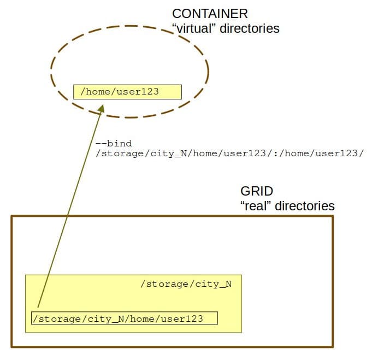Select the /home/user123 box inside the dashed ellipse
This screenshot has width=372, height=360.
tap(127, 91)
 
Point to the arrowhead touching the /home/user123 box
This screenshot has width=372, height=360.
tap(101, 108)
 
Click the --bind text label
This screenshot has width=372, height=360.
tap(113, 144)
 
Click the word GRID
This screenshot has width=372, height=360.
tap(256, 192)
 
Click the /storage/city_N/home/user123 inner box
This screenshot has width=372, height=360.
tap(125, 318)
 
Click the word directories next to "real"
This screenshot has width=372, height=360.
tap(305, 206)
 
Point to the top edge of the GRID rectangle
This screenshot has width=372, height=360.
tap(164, 217)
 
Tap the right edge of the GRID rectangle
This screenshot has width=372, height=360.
tap(332, 281)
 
